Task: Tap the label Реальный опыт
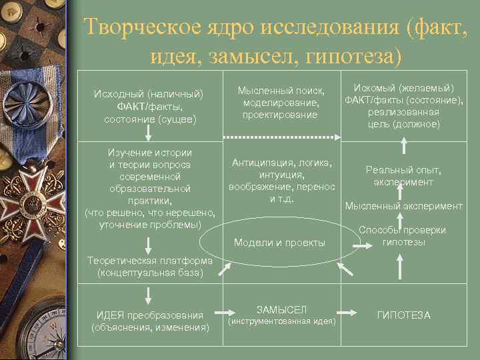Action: tap(403, 170)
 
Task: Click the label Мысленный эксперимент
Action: tap(403, 206)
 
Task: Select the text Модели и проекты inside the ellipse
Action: tap(279, 243)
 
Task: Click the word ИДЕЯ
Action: tap(109, 315)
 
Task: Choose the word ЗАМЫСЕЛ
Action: tap(281, 309)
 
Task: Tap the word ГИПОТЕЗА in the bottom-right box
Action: tap(403, 315)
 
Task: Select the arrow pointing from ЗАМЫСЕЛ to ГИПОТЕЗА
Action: tap(347, 312)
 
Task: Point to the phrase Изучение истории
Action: tap(149, 152)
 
